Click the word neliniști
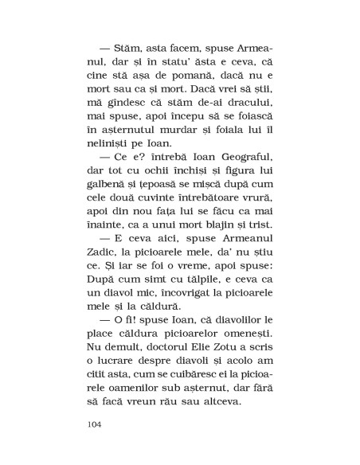pyautogui.click(x=108, y=143)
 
